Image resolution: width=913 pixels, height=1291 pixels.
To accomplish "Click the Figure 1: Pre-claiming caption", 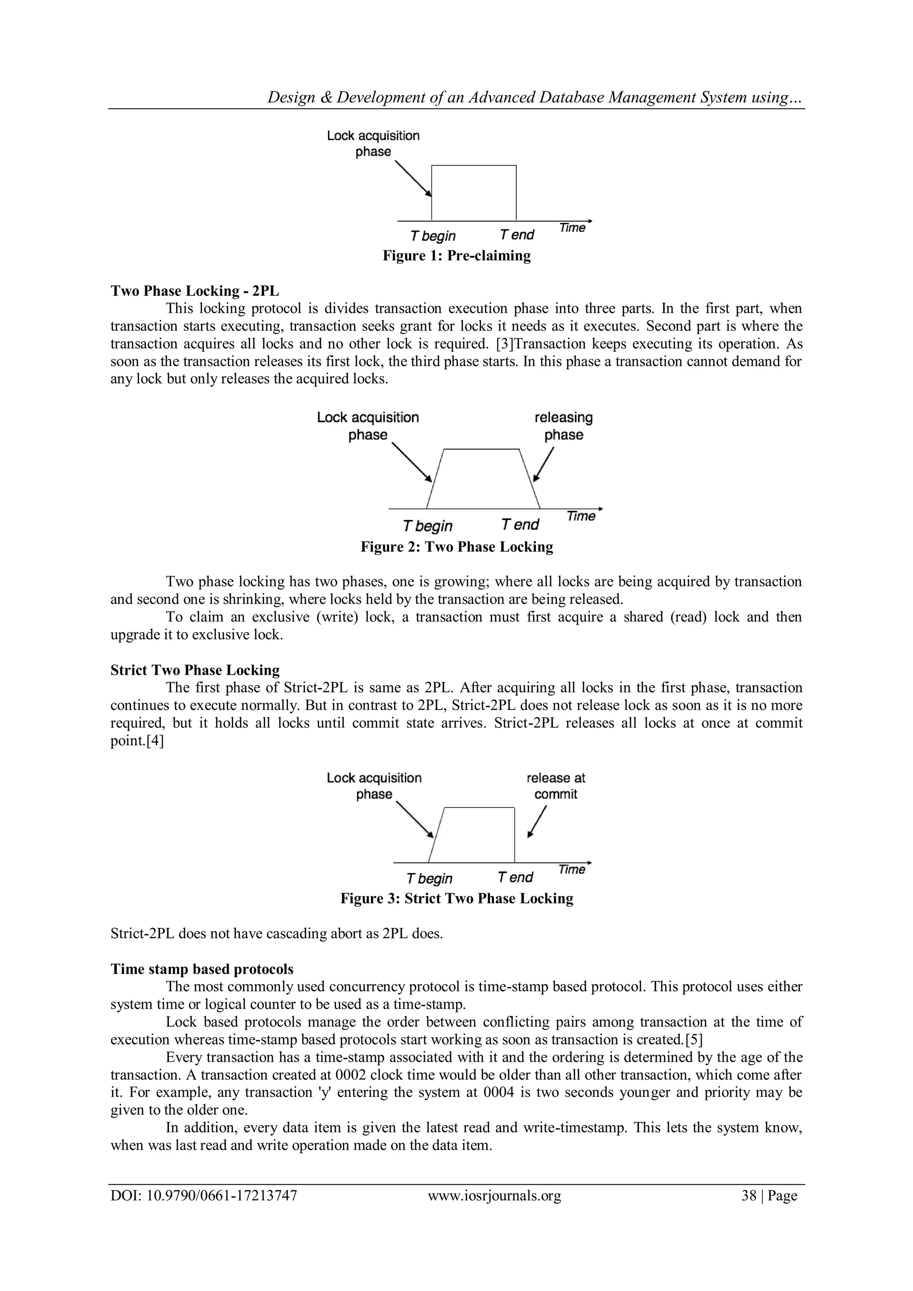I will click(456, 256).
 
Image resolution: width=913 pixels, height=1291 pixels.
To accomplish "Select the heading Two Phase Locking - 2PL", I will click(194, 291).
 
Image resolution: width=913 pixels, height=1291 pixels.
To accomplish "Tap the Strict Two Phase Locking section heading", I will click(194, 670).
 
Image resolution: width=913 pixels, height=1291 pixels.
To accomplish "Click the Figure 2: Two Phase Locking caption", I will click(456, 547).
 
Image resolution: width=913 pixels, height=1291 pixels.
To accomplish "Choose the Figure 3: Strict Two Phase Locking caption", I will click(456, 898).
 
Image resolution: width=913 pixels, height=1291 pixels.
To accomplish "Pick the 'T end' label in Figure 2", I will click(519, 524).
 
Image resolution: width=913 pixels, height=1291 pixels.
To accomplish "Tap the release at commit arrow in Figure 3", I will click(536, 822).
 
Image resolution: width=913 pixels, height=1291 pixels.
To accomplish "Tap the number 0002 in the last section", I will click(350, 1075).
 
